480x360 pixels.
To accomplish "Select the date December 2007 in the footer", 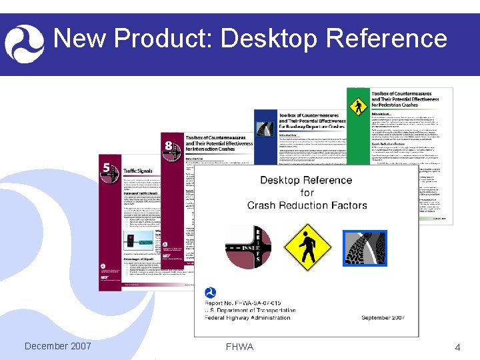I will point(57,346).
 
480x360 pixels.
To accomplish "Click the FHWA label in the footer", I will point(239,347).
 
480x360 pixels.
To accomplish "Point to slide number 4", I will point(457,347).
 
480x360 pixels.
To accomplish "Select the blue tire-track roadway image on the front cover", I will point(365,248).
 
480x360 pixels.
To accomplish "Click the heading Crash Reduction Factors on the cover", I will point(307,205).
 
